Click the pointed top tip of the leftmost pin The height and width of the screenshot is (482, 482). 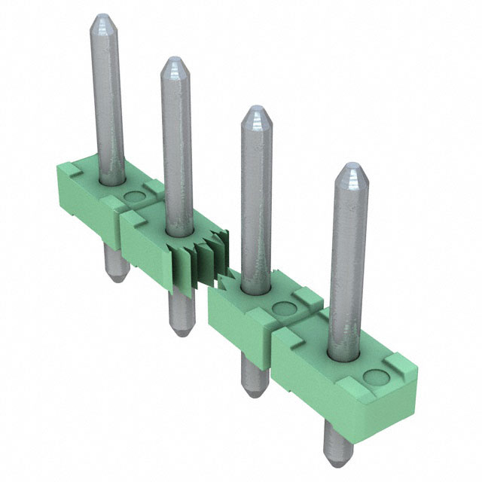(x=102, y=17)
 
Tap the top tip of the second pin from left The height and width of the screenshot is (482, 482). (x=174, y=59)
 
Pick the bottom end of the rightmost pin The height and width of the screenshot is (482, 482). (x=337, y=459)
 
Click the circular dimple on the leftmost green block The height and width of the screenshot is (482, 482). (x=135, y=197)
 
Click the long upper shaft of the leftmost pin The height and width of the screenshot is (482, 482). (x=106, y=98)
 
